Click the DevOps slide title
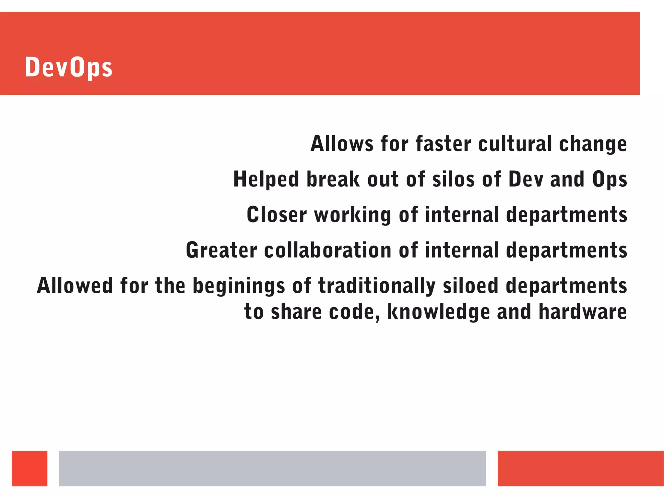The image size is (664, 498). [68, 67]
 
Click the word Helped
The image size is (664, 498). [266, 179]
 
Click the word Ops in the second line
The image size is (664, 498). [610, 180]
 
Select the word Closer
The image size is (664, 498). [277, 215]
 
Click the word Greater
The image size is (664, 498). [221, 250]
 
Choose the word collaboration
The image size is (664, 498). [328, 250]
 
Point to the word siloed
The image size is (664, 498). [470, 285]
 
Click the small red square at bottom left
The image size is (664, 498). [30, 468]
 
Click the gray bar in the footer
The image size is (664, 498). [272, 468]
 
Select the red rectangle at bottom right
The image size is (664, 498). [580, 468]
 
